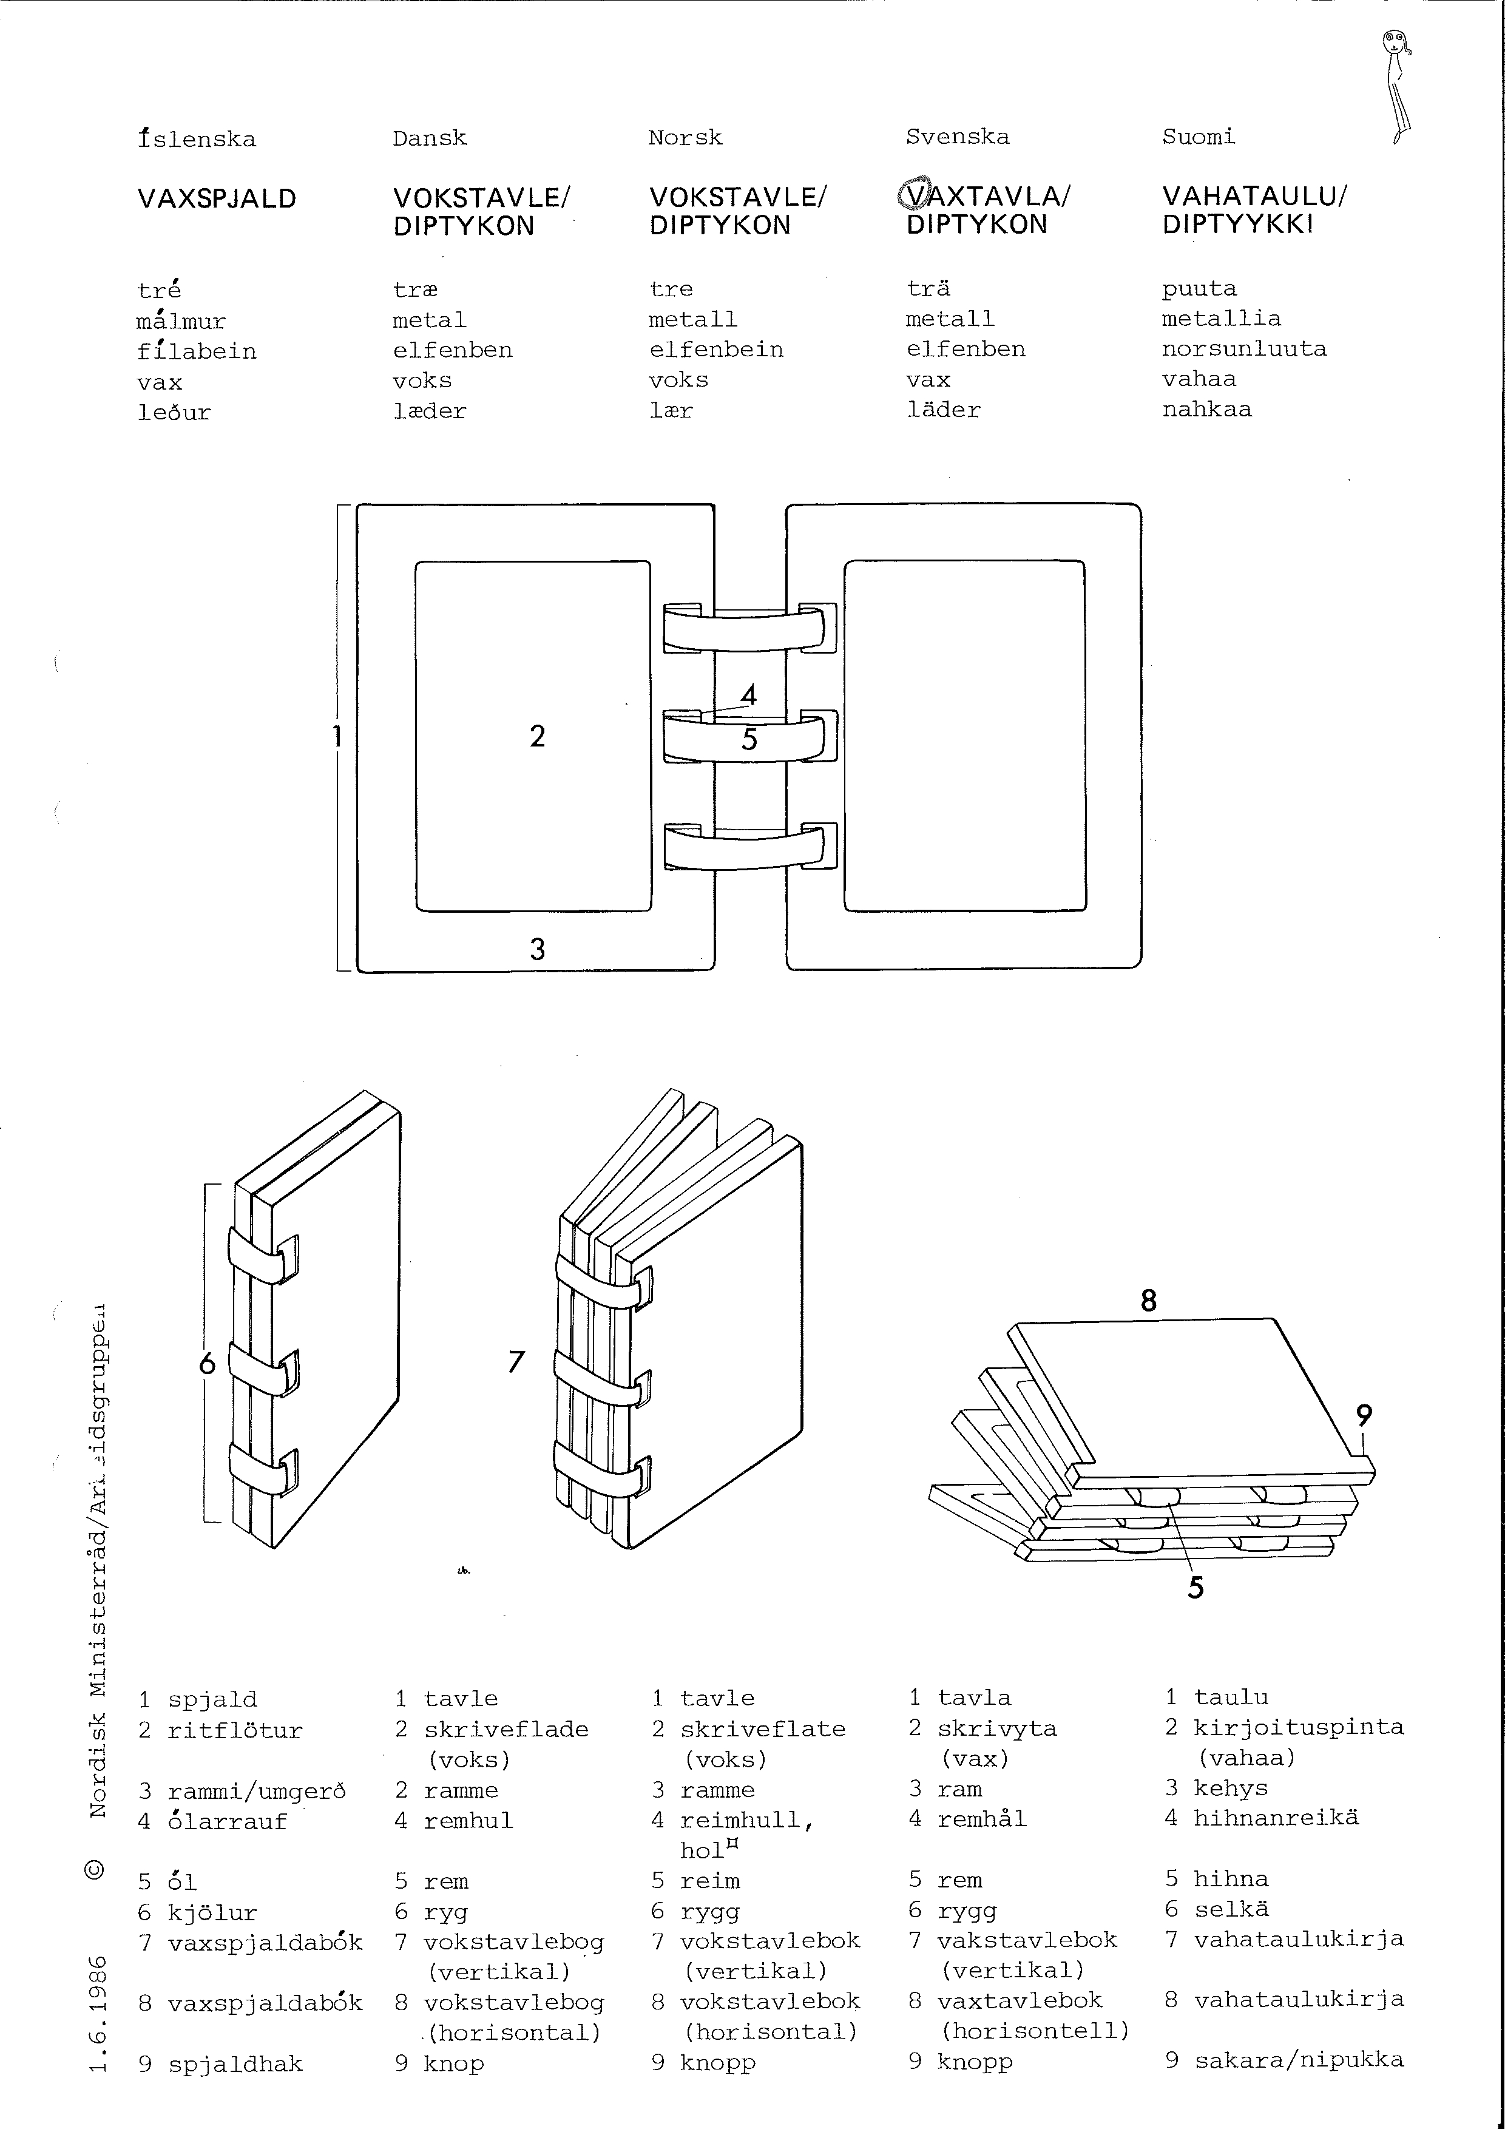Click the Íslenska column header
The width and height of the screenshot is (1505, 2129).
pos(197,139)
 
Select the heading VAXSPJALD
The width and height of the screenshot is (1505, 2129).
pos(217,199)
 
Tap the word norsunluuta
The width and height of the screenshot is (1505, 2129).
pos(1245,348)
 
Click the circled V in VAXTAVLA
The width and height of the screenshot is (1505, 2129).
pos(913,195)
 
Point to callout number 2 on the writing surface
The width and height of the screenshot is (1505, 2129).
pos(538,736)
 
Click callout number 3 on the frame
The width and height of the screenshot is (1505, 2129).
pos(538,949)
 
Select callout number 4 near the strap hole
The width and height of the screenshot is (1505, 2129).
pos(749,694)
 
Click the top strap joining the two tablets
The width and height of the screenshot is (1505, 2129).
pos(749,628)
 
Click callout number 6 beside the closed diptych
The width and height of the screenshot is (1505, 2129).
pos(208,1362)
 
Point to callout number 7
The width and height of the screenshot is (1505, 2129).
pos(516,1361)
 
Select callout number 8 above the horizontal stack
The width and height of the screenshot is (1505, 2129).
pos(1149,1301)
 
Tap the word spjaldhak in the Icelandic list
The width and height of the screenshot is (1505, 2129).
pos(235,2064)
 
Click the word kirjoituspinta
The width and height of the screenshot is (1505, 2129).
pos(1298,1727)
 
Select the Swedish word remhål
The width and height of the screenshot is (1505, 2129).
pos(982,1818)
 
